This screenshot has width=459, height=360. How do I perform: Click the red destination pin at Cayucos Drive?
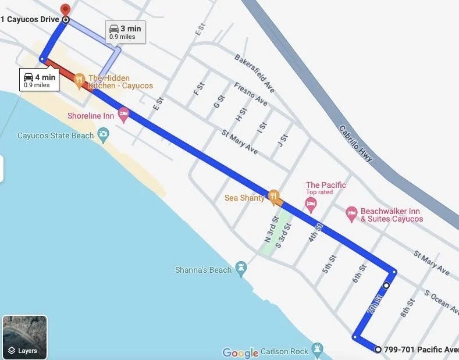coord(66,9)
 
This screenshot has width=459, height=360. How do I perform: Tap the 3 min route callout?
coord(124,31)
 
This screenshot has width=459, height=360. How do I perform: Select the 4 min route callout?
coord(39,80)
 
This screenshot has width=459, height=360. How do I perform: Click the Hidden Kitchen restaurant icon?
coord(80,79)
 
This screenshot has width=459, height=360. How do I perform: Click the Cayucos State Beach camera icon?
coord(103,135)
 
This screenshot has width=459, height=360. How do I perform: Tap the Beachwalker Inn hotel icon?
coord(351,214)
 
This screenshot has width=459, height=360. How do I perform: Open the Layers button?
coord(24,337)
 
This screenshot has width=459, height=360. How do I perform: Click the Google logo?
coord(240,352)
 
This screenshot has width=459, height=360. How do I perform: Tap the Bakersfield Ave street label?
coord(254,74)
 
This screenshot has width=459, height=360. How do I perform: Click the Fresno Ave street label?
coord(250,94)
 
